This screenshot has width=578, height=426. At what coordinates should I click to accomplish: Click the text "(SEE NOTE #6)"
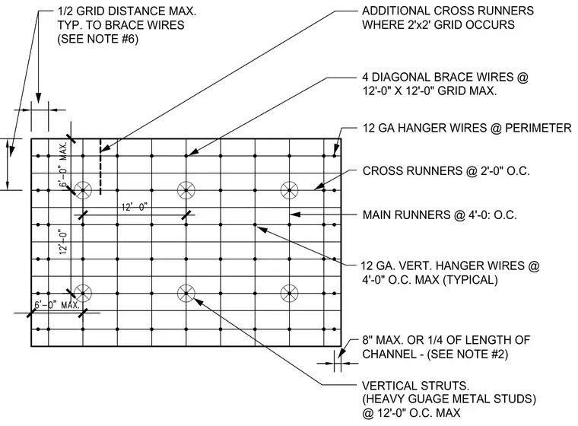(x=97, y=39)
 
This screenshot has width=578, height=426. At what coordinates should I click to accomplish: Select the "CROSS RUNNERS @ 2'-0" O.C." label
(x=446, y=170)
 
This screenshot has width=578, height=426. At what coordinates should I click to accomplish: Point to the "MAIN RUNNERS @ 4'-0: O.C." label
(x=440, y=215)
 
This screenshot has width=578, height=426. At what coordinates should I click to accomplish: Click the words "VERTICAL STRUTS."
(x=415, y=386)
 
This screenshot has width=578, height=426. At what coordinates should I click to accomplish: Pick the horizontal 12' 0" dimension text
(x=134, y=207)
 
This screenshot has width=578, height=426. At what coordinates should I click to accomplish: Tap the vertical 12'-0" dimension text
(x=63, y=242)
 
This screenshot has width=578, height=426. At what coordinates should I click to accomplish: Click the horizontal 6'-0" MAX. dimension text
(x=57, y=305)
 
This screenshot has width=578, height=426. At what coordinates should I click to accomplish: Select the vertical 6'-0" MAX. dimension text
(x=63, y=165)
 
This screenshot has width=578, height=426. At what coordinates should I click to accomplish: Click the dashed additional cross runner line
(x=100, y=167)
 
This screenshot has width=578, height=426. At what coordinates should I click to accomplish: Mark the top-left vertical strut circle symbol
(x=83, y=190)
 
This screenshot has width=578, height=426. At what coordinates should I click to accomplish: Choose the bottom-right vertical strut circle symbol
(x=289, y=294)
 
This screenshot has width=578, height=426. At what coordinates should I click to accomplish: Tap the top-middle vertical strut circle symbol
(x=186, y=190)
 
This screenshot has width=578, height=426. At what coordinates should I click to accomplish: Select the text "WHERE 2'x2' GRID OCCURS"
(x=438, y=24)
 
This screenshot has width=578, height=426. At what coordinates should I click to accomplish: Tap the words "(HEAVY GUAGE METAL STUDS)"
(x=449, y=399)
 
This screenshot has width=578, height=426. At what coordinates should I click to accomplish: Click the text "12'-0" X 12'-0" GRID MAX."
(x=430, y=91)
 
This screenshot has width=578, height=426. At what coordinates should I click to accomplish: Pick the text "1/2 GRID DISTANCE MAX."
(x=127, y=11)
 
